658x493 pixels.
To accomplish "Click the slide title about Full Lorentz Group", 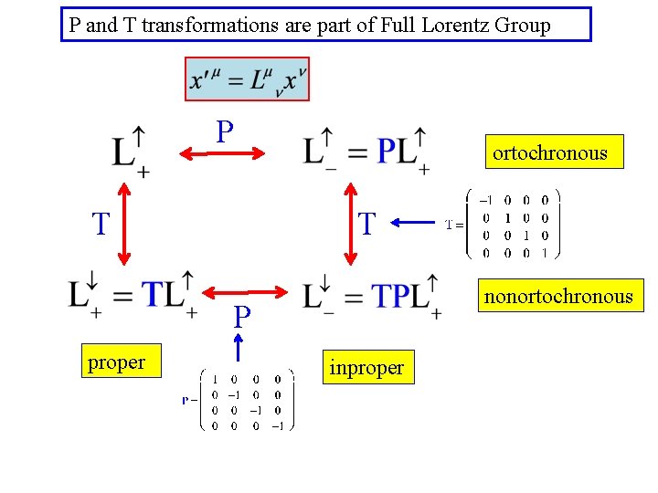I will coord(326,25).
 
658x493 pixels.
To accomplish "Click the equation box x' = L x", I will coord(247,79).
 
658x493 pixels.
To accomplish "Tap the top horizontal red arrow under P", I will coord(220,154).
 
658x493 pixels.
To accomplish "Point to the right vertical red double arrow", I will coord(350,223).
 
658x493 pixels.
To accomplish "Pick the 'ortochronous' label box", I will coord(549,152).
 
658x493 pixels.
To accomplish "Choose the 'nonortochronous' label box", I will coord(557,296).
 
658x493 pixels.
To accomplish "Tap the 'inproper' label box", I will coord(366,367).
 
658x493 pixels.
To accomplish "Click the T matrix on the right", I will coord(513,224).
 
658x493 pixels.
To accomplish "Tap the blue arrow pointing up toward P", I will coord(239,347).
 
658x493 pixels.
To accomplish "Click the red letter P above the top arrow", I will coord(225,132).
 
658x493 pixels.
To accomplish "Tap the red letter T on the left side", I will coord(101,223).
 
